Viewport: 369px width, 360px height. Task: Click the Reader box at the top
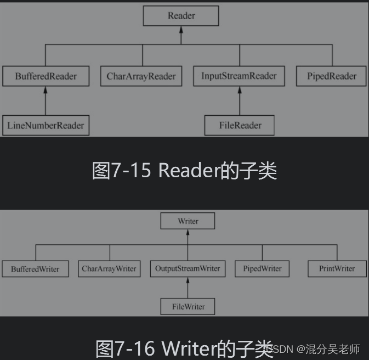point(181,15)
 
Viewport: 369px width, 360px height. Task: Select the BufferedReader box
point(46,76)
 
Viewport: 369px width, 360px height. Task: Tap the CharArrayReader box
point(141,76)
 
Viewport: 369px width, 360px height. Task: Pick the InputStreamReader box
point(239,76)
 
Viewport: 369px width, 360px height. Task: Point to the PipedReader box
point(332,76)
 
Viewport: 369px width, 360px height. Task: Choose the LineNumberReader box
point(46,125)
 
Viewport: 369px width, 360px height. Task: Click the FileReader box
point(240,125)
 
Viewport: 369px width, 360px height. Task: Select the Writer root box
point(188,221)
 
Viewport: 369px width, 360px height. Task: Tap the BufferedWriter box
point(35,269)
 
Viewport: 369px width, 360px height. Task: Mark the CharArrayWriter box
point(109,268)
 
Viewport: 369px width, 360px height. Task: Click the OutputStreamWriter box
point(188,268)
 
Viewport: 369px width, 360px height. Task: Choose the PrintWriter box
point(336,268)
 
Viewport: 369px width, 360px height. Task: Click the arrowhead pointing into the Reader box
point(181,30)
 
